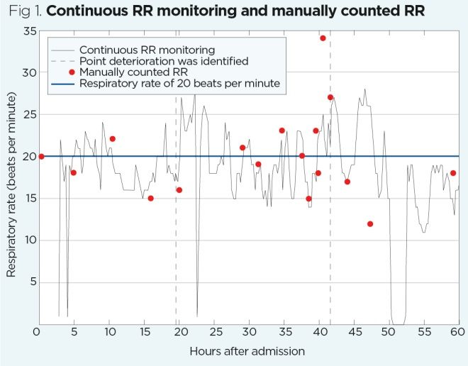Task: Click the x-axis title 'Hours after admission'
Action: (247, 351)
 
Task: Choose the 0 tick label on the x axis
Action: (37, 331)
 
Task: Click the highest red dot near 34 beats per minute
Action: (323, 38)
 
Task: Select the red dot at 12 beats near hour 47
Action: (370, 224)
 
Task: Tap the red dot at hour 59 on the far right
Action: (453, 173)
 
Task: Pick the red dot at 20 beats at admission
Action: (41, 156)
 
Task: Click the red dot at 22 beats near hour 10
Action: (112, 139)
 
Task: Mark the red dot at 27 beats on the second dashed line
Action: (330, 97)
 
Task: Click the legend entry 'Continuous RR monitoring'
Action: (147, 50)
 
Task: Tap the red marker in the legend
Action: (72, 72)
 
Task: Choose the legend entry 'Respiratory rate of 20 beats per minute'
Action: (180, 83)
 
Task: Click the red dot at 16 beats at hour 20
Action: (179, 190)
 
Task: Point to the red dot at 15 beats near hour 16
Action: (150, 199)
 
